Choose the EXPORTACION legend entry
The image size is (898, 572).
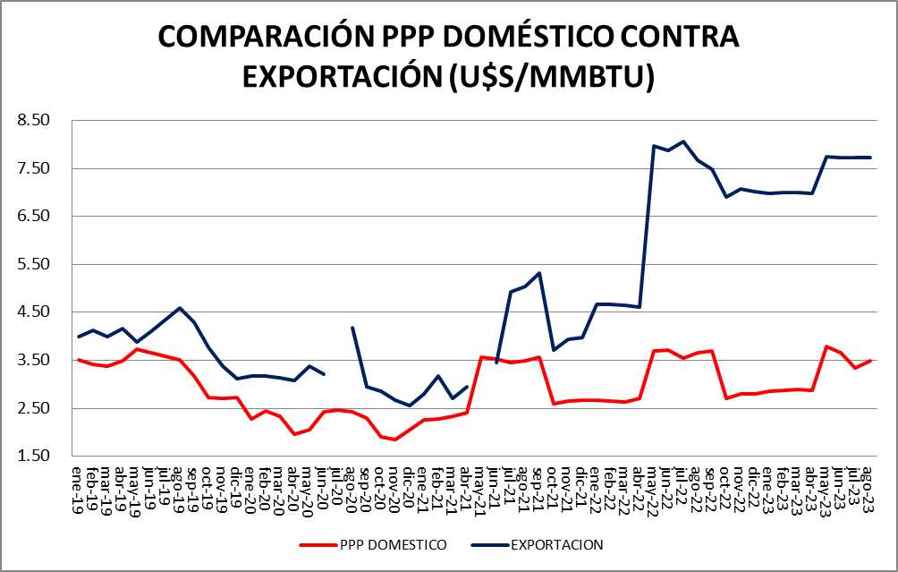(556, 544)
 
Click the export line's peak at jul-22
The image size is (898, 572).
(683, 141)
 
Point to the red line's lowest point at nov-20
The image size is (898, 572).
(394, 440)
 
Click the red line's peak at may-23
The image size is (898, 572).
(827, 346)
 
